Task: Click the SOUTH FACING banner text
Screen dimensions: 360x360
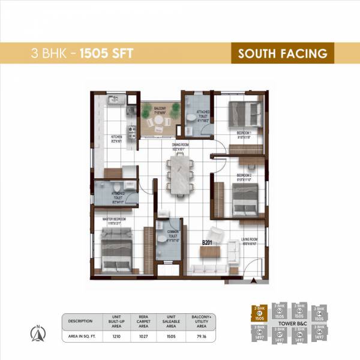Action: [283, 53]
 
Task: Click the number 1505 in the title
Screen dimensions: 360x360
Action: [110, 53]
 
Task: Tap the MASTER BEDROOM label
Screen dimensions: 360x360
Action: [114, 220]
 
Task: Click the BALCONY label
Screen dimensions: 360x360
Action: [159, 108]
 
